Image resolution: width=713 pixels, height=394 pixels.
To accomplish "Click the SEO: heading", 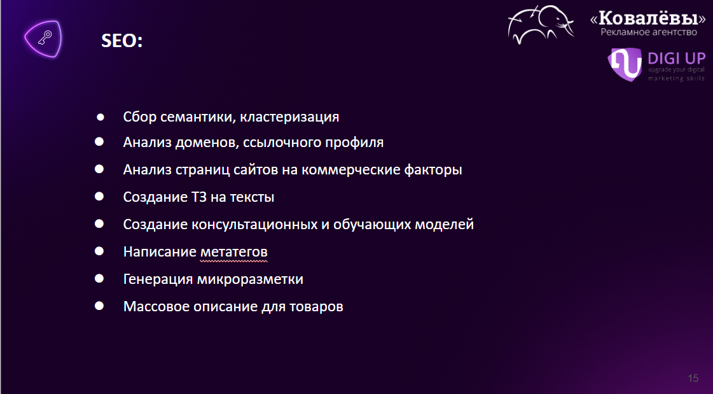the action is tap(122, 41).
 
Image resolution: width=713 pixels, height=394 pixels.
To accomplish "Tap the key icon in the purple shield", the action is tap(45, 38).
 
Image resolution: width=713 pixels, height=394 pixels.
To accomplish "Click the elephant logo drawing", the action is tap(541, 25).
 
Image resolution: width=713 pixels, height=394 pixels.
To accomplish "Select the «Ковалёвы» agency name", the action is tap(648, 18).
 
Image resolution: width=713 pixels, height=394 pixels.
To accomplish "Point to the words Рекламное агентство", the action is tap(649, 32).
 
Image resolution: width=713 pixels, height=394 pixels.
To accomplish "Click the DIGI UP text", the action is tap(676, 58).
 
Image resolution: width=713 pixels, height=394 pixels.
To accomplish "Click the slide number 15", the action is tap(693, 378).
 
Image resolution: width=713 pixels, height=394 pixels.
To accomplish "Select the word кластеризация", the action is tap(289, 117).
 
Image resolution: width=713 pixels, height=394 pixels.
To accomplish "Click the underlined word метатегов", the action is tap(233, 252).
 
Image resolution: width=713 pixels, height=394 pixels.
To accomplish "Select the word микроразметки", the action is tap(249, 279).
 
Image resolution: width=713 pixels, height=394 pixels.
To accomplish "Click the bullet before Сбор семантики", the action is tap(100, 117).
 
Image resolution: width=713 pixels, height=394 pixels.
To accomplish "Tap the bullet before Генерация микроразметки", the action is tap(99, 278).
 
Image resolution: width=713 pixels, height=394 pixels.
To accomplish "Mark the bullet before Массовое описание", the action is tap(99, 306).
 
